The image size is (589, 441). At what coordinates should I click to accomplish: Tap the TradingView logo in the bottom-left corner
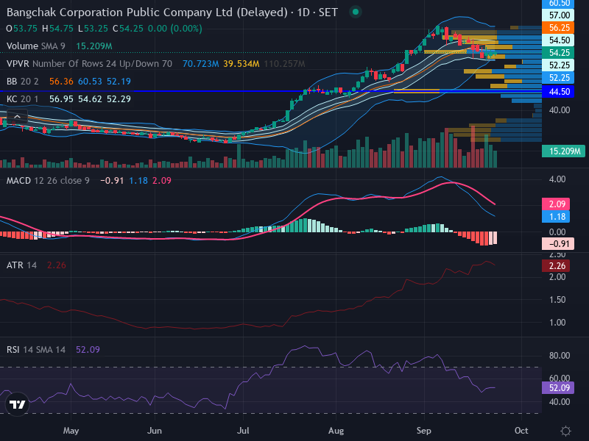tap(17, 404)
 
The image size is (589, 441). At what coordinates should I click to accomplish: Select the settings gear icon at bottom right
tap(565, 431)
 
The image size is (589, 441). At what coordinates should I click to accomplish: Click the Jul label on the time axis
tap(243, 431)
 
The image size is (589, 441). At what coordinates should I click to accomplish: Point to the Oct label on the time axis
tap(521, 431)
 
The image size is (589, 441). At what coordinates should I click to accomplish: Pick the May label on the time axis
tap(71, 431)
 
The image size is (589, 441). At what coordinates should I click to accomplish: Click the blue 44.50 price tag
tap(558, 91)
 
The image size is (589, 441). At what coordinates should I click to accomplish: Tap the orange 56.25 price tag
tap(558, 28)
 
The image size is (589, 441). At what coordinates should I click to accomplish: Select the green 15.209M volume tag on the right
tap(563, 151)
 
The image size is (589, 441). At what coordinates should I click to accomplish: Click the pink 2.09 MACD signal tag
tap(556, 204)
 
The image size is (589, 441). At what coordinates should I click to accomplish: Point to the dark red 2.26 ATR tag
tap(556, 266)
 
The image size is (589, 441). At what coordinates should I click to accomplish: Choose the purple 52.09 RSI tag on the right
tap(558, 388)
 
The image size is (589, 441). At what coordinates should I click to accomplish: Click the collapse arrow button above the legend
tap(17, 117)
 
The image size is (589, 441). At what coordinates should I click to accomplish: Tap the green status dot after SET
tap(356, 12)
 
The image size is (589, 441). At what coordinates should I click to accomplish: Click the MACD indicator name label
tap(19, 181)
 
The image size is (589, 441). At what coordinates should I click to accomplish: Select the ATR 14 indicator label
tap(22, 265)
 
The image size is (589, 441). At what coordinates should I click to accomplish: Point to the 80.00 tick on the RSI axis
tap(560, 356)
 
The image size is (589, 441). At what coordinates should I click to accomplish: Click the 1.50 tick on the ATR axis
tap(557, 300)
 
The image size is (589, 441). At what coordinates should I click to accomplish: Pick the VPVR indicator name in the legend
tap(18, 64)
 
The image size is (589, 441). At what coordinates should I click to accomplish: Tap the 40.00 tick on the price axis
tap(560, 110)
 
